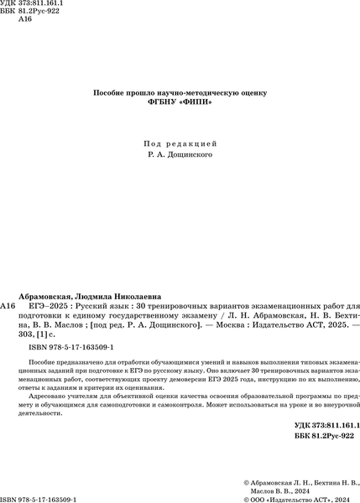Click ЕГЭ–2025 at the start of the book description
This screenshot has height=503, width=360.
[48, 307]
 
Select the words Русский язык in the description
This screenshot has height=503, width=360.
[101, 307]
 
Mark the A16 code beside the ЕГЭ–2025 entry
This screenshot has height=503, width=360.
[8, 307]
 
